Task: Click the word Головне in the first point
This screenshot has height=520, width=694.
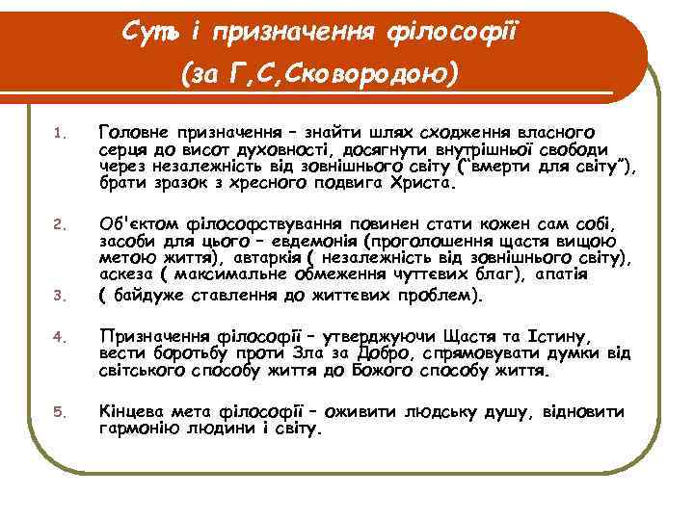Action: pyautogui.click(x=138, y=131)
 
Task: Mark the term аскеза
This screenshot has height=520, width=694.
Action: pyautogui.click(x=124, y=275)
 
